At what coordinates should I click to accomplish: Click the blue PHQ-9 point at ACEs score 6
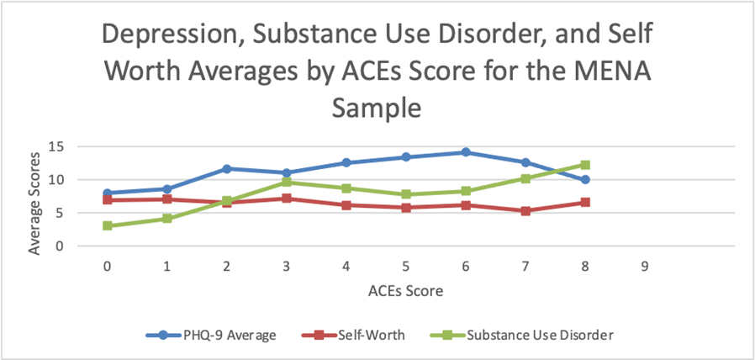tap(466, 152)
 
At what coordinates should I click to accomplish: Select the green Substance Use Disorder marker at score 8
tap(585, 165)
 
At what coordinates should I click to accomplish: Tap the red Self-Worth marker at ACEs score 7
tap(525, 211)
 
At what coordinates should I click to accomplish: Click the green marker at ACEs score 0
tap(108, 225)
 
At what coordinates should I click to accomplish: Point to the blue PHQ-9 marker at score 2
tap(227, 168)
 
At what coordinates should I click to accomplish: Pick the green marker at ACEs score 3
tap(287, 182)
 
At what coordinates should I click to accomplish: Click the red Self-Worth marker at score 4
tap(346, 205)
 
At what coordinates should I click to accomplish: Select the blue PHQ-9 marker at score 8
tap(585, 180)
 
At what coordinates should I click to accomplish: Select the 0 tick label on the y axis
tap(61, 246)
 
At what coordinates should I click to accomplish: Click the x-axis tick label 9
tap(645, 266)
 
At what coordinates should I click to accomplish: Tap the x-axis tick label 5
tap(406, 266)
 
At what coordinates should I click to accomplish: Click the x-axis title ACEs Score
tap(405, 291)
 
